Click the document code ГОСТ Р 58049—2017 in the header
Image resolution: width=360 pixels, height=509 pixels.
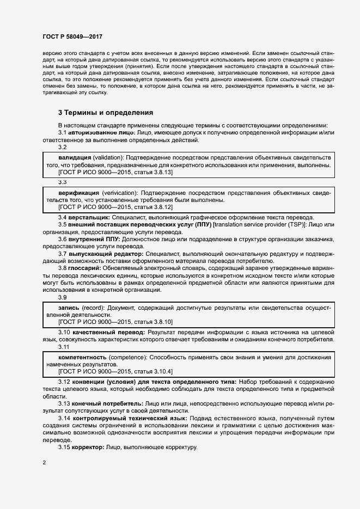tap(72, 35)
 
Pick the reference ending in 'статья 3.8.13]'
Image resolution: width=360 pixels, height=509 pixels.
tap(115, 172)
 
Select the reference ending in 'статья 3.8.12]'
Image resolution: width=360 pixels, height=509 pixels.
tap(115, 207)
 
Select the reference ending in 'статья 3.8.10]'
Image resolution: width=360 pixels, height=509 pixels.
tap(115, 322)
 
